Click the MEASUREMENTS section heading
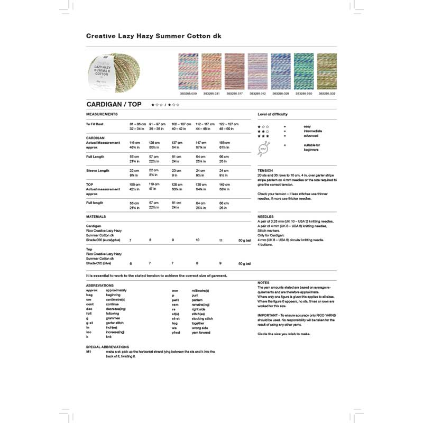(102, 114)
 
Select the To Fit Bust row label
(95, 124)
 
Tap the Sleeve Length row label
(98, 170)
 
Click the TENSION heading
(265, 171)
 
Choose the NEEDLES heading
(265, 217)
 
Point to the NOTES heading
(264, 283)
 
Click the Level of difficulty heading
(273, 114)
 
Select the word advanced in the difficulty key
(311, 136)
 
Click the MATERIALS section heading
(96, 216)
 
